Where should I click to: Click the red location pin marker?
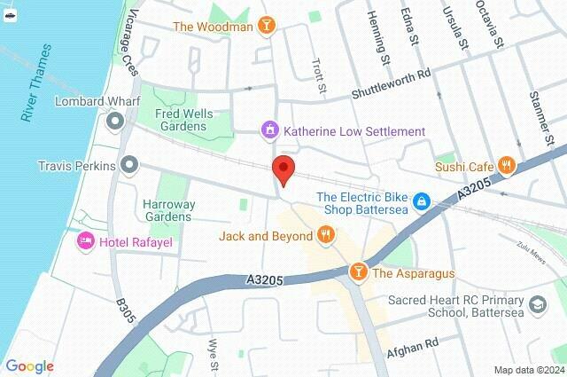pos(283,169)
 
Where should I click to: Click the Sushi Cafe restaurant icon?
pos(506,164)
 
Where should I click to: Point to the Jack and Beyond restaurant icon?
pos(326,235)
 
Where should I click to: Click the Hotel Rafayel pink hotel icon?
pos(86,241)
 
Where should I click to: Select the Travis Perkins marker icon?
pos(130,165)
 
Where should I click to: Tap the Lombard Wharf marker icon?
pos(114,120)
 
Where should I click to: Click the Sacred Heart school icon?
pos(537,304)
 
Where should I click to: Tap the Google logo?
pos(29,366)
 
